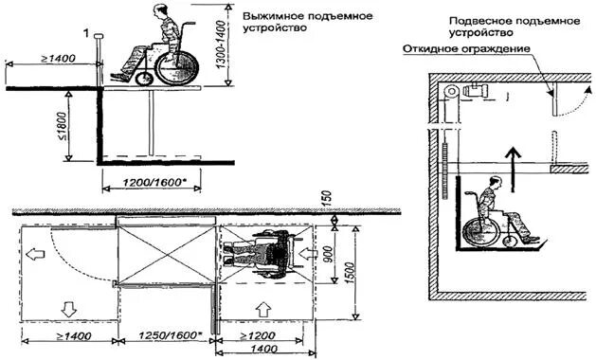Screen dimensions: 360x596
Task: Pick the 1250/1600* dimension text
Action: click(x=166, y=336)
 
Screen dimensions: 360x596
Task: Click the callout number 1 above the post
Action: click(x=87, y=35)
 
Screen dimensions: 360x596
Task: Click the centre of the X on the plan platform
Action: click(x=167, y=255)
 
